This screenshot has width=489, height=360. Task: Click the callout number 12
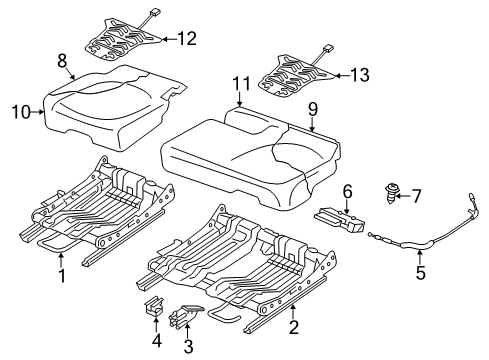click(187, 39)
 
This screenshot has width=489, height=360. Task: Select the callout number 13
click(360, 75)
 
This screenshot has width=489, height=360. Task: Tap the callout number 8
click(62, 61)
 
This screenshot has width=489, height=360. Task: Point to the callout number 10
click(21, 112)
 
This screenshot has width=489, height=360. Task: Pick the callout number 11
click(241, 84)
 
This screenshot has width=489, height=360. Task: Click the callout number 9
click(313, 109)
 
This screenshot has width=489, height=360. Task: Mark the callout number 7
click(416, 196)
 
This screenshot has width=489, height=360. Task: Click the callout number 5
click(421, 272)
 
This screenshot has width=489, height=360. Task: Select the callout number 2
click(294, 327)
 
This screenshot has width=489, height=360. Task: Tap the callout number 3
click(188, 346)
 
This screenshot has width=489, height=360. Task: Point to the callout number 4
click(157, 340)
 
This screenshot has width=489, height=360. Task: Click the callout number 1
click(62, 276)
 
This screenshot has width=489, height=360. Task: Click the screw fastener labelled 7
click(389, 192)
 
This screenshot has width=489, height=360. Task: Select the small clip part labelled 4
click(155, 305)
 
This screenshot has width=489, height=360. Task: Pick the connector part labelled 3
click(185, 313)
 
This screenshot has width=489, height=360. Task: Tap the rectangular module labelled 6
click(340, 220)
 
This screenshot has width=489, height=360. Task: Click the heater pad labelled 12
click(122, 42)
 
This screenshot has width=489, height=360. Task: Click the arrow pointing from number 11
click(240, 100)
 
